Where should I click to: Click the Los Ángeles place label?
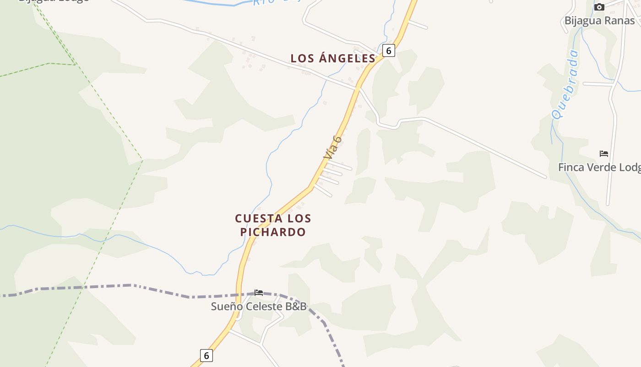point(333,58)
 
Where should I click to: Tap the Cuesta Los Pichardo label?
point(273,225)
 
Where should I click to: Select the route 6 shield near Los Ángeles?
point(388,50)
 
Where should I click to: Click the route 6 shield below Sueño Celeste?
point(206,355)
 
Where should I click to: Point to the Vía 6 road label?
point(332,147)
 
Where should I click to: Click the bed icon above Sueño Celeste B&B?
point(259,293)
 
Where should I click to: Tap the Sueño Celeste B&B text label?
point(258,306)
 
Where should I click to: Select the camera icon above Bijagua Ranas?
point(599,7)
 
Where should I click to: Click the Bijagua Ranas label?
point(599,21)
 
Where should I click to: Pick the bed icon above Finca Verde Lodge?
point(604,154)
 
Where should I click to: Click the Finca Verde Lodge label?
point(599,167)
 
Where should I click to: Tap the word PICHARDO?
point(273,232)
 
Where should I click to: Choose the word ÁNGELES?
point(347,58)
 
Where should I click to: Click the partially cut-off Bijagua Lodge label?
point(54,1)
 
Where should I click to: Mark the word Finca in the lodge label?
point(570,167)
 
